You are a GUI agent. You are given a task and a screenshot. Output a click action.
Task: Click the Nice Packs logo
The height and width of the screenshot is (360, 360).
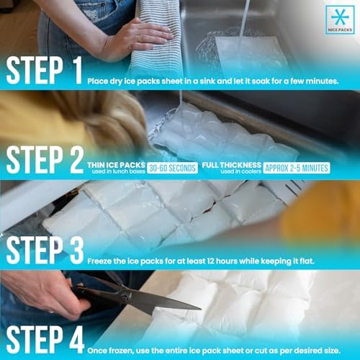(x=339, y=20)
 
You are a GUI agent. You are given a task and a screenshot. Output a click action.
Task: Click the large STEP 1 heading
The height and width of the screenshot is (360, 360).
(x=45, y=71)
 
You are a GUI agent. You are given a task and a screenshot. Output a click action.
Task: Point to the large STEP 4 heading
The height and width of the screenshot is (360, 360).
(x=45, y=338)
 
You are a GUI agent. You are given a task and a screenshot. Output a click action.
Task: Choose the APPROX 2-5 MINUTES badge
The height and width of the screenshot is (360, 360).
(x=296, y=168)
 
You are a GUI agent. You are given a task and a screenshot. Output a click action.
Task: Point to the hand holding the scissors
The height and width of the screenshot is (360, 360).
(x=43, y=292)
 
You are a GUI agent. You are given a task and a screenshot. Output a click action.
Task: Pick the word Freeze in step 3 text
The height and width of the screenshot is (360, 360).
(x=102, y=260)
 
